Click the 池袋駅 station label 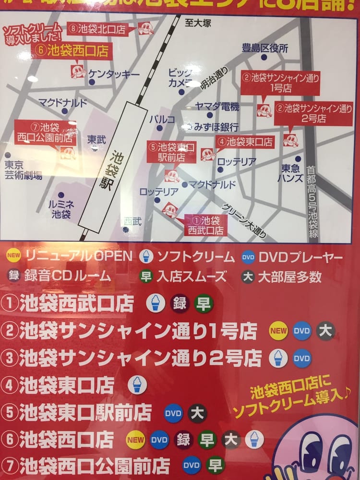tap(117, 170)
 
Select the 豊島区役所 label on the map tap(265, 48)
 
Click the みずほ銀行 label tap(216, 126)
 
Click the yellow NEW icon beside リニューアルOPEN tap(13, 255)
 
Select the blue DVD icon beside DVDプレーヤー tap(248, 258)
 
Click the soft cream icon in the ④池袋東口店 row tap(137, 385)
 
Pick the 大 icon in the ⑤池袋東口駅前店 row tap(197, 413)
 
